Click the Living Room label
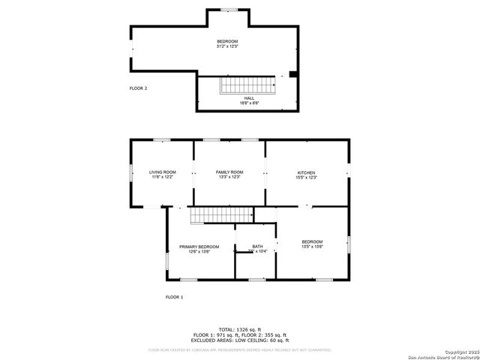pos(162,172)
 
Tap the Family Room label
pos(229,172)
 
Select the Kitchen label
pos(306,172)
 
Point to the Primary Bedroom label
pos(199,247)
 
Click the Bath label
pos(257,247)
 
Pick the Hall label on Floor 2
pos(247,97)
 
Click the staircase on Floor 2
pos(247,85)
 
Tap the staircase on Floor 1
pos(206,216)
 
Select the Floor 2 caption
pos(138,88)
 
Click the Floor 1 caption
pos(174,297)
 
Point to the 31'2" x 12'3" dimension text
pos(227,46)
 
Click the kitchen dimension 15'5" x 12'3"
pos(306,178)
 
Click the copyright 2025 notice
pos(458,351)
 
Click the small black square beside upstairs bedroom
pos(293,74)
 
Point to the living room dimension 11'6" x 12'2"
pos(162,178)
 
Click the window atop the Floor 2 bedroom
pos(229,10)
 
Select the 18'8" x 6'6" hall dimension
pos(247,103)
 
